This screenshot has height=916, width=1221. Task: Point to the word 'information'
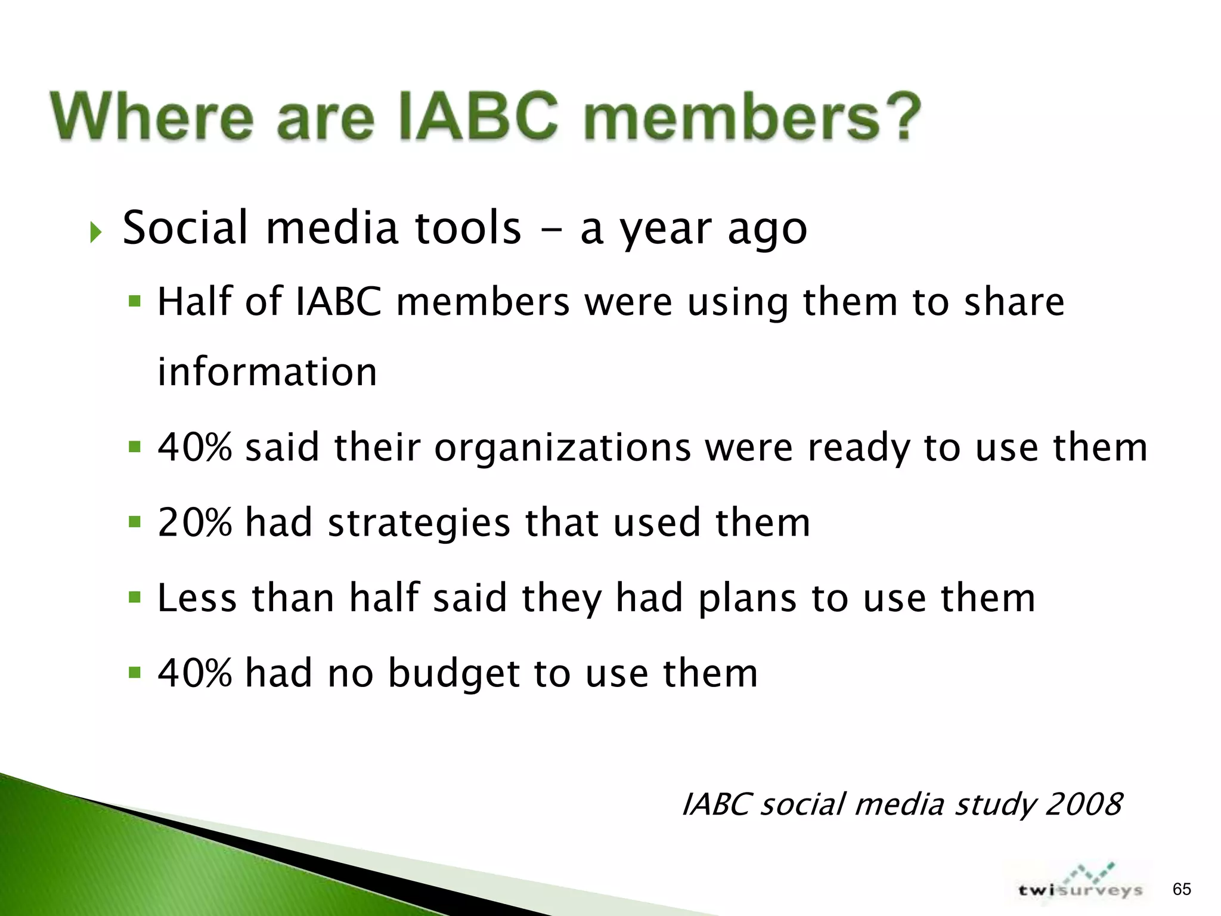click(267, 372)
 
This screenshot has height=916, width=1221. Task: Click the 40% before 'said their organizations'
click(194, 447)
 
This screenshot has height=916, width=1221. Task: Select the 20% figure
click(194, 522)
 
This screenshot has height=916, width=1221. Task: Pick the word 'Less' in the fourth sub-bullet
click(197, 598)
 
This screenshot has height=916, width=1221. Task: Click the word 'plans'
click(747, 599)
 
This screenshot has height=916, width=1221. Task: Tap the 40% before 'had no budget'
click(194, 673)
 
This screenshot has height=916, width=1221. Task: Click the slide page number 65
click(1182, 889)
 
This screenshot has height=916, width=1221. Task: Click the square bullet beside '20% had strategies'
click(135, 522)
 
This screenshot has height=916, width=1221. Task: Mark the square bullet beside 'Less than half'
click(135, 597)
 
